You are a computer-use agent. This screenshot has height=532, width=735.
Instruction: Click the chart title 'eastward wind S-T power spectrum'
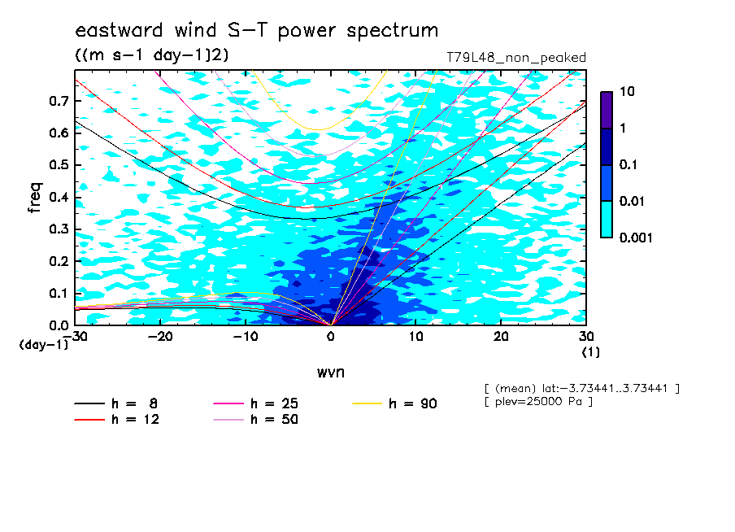pyautogui.click(x=256, y=30)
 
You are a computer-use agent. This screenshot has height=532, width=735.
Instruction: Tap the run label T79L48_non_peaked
pyautogui.click(x=516, y=58)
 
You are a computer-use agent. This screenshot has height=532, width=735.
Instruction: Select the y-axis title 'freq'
pyautogui.click(x=35, y=198)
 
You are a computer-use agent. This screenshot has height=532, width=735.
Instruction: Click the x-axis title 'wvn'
pyautogui.click(x=331, y=373)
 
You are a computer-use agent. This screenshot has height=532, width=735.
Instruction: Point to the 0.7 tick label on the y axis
pyautogui.click(x=59, y=101)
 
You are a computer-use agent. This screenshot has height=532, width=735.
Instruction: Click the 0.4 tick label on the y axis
pyautogui.click(x=59, y=197)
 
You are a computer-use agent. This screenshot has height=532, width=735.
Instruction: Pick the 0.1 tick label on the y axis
pyautogui.click(x=59, y=293)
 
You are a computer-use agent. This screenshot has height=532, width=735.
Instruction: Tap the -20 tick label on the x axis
pyautogui.click(x=160, y=337)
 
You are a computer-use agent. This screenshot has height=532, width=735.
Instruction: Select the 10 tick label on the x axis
pyautogui.click(x=415, y=337)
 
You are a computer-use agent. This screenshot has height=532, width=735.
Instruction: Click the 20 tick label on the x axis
pyautogui.click(x=501, y=337)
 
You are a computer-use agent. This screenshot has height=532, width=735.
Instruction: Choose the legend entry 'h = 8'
pyautogui.click(x=115, y=403)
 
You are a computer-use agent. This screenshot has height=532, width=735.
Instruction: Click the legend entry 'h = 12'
pyautogui.click(x=117, y=419)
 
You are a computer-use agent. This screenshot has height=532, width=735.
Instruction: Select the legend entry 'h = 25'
pyautogui.click(x=255, y=403)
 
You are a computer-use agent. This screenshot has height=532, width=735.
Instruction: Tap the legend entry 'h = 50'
pyautogui.click(x=255, y=419)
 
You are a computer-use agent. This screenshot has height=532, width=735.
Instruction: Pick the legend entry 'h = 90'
pyautogui.click(x=394, y=403)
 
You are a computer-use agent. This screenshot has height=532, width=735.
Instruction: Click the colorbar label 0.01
pyautogui.click(x=632, y=201)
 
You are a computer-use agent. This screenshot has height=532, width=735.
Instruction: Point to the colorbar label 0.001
pyautogui.click(x=636, y=238)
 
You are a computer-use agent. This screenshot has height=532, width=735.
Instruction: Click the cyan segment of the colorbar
pyautogui.click(x=607, y=220)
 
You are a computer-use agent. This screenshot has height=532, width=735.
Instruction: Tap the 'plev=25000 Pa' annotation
pyautogui.click(x=538, y=402)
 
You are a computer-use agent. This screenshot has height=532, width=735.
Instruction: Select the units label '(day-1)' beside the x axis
pyautogui.click(x=44, y=345)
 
